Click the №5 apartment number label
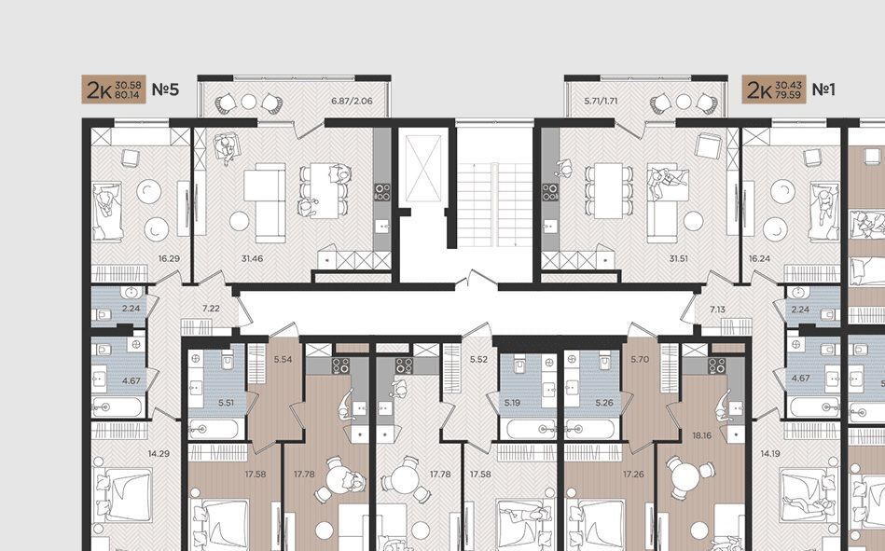165,90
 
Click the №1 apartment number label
823,90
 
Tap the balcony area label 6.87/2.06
352,101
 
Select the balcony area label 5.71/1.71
602,101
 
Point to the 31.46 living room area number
252,258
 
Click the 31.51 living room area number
678,258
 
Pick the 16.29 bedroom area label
169,258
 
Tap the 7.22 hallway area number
211,309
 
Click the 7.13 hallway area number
718,310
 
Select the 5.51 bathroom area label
227,403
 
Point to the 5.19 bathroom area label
512,403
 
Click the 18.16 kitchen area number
701,435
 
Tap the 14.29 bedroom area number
159,453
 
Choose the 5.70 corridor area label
640,359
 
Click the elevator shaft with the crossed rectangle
423,168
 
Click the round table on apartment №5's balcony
249,102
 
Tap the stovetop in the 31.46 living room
382,192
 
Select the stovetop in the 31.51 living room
550,192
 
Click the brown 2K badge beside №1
774,90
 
